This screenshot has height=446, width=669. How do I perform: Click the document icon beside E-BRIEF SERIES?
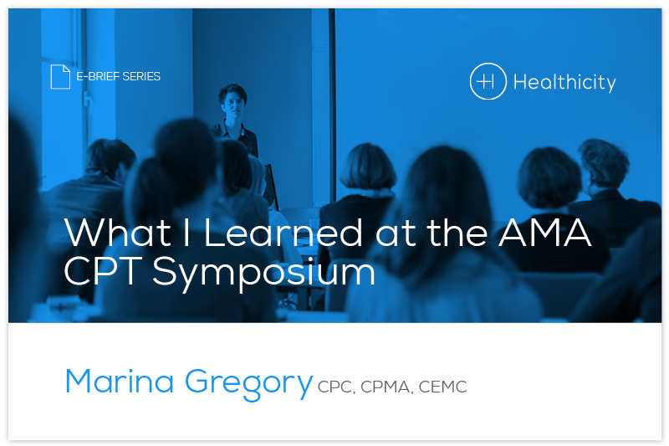[60, 76]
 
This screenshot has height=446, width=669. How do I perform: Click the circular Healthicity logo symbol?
[488, 82]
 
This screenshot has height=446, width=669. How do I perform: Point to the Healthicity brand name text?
[564, 82]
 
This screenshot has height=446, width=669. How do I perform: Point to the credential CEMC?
[444, 387]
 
